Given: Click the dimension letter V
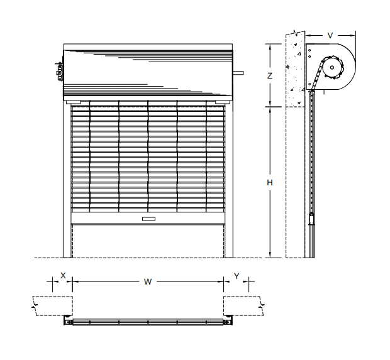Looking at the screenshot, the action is coord(330,36).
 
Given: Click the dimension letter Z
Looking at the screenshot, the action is coord(270,76).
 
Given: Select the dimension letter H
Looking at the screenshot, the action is coord(270,183).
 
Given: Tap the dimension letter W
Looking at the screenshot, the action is coord(148,281).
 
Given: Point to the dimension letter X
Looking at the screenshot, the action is coord(63,275).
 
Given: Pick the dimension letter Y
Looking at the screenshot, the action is coord(237,276).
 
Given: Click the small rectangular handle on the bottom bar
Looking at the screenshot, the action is coord(148,219).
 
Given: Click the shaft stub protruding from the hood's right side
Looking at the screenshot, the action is coord(238,73).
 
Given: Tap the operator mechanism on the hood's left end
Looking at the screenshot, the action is coord(59,71).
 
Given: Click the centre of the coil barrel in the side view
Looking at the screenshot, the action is coord(332,67).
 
